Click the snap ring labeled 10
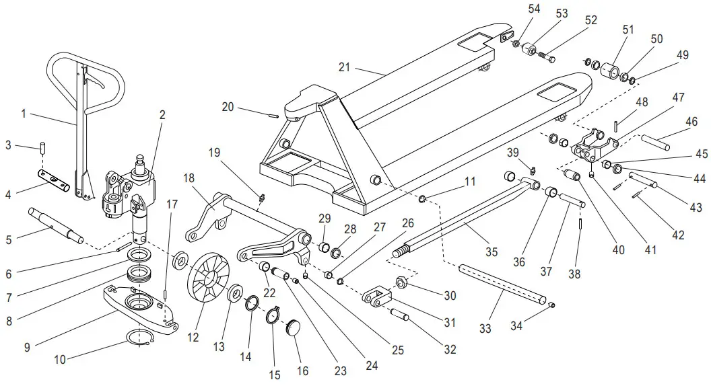point(141,338)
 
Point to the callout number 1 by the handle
point(24,114)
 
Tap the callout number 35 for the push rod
point(492,252)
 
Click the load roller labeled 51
point(611,70)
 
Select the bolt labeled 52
point(546,56)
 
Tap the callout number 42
point(678,235)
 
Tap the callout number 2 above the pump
point(162,115)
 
